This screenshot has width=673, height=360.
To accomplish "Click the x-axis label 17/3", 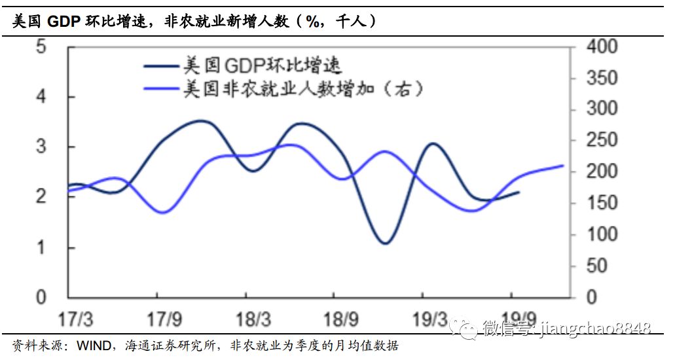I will tap(75, 320).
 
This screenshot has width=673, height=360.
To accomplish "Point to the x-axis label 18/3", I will tap(253, 320).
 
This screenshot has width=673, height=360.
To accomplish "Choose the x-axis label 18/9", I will tap(341, 320).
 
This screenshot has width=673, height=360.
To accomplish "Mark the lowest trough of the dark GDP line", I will tap(384, 243).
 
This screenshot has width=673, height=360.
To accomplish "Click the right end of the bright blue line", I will tap(562, 166).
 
